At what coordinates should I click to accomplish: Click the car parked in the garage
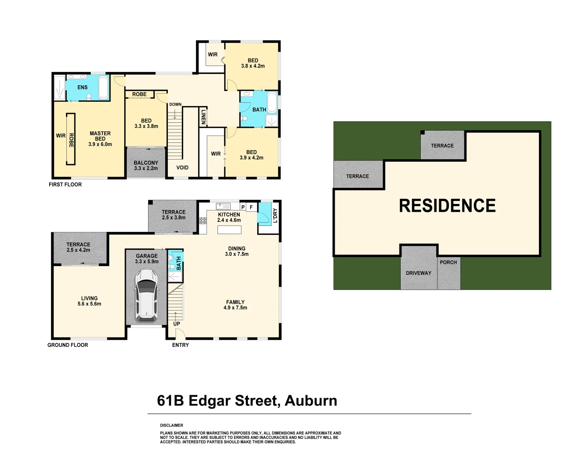(146, 296)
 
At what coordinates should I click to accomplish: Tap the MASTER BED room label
(100, 139)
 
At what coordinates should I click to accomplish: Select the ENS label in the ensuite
(83, 87)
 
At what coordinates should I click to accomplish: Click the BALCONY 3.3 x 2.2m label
(146, 166)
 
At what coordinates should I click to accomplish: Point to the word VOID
(182, 168)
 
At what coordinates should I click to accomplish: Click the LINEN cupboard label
(203, 117)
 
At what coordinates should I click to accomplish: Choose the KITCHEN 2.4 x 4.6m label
(229, 217)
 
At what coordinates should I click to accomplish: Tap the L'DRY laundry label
(275, 215)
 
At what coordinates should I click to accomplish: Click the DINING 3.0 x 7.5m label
(237, 251)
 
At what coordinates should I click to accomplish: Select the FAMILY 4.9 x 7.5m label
(235, 305)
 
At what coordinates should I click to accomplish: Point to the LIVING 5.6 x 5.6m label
(89, 301)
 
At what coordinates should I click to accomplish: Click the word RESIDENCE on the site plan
(447, 206)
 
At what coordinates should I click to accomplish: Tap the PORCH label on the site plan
(448, 262)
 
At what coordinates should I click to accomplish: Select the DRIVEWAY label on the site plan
(419, 273)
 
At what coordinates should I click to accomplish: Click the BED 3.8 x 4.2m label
(253, 63)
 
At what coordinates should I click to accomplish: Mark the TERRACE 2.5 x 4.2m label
(78, 247)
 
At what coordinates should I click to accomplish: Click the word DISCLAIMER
(172, 425)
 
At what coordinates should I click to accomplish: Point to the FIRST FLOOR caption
(65, 184)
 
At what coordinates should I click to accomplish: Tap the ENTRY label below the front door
(180, 345)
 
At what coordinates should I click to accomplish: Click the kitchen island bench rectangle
(229, 230)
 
